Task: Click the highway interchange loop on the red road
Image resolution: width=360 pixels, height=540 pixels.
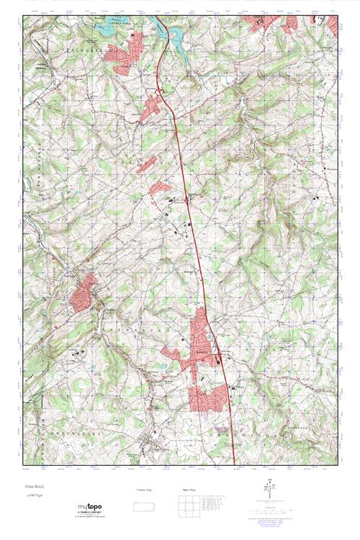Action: [x=159, y=91]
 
